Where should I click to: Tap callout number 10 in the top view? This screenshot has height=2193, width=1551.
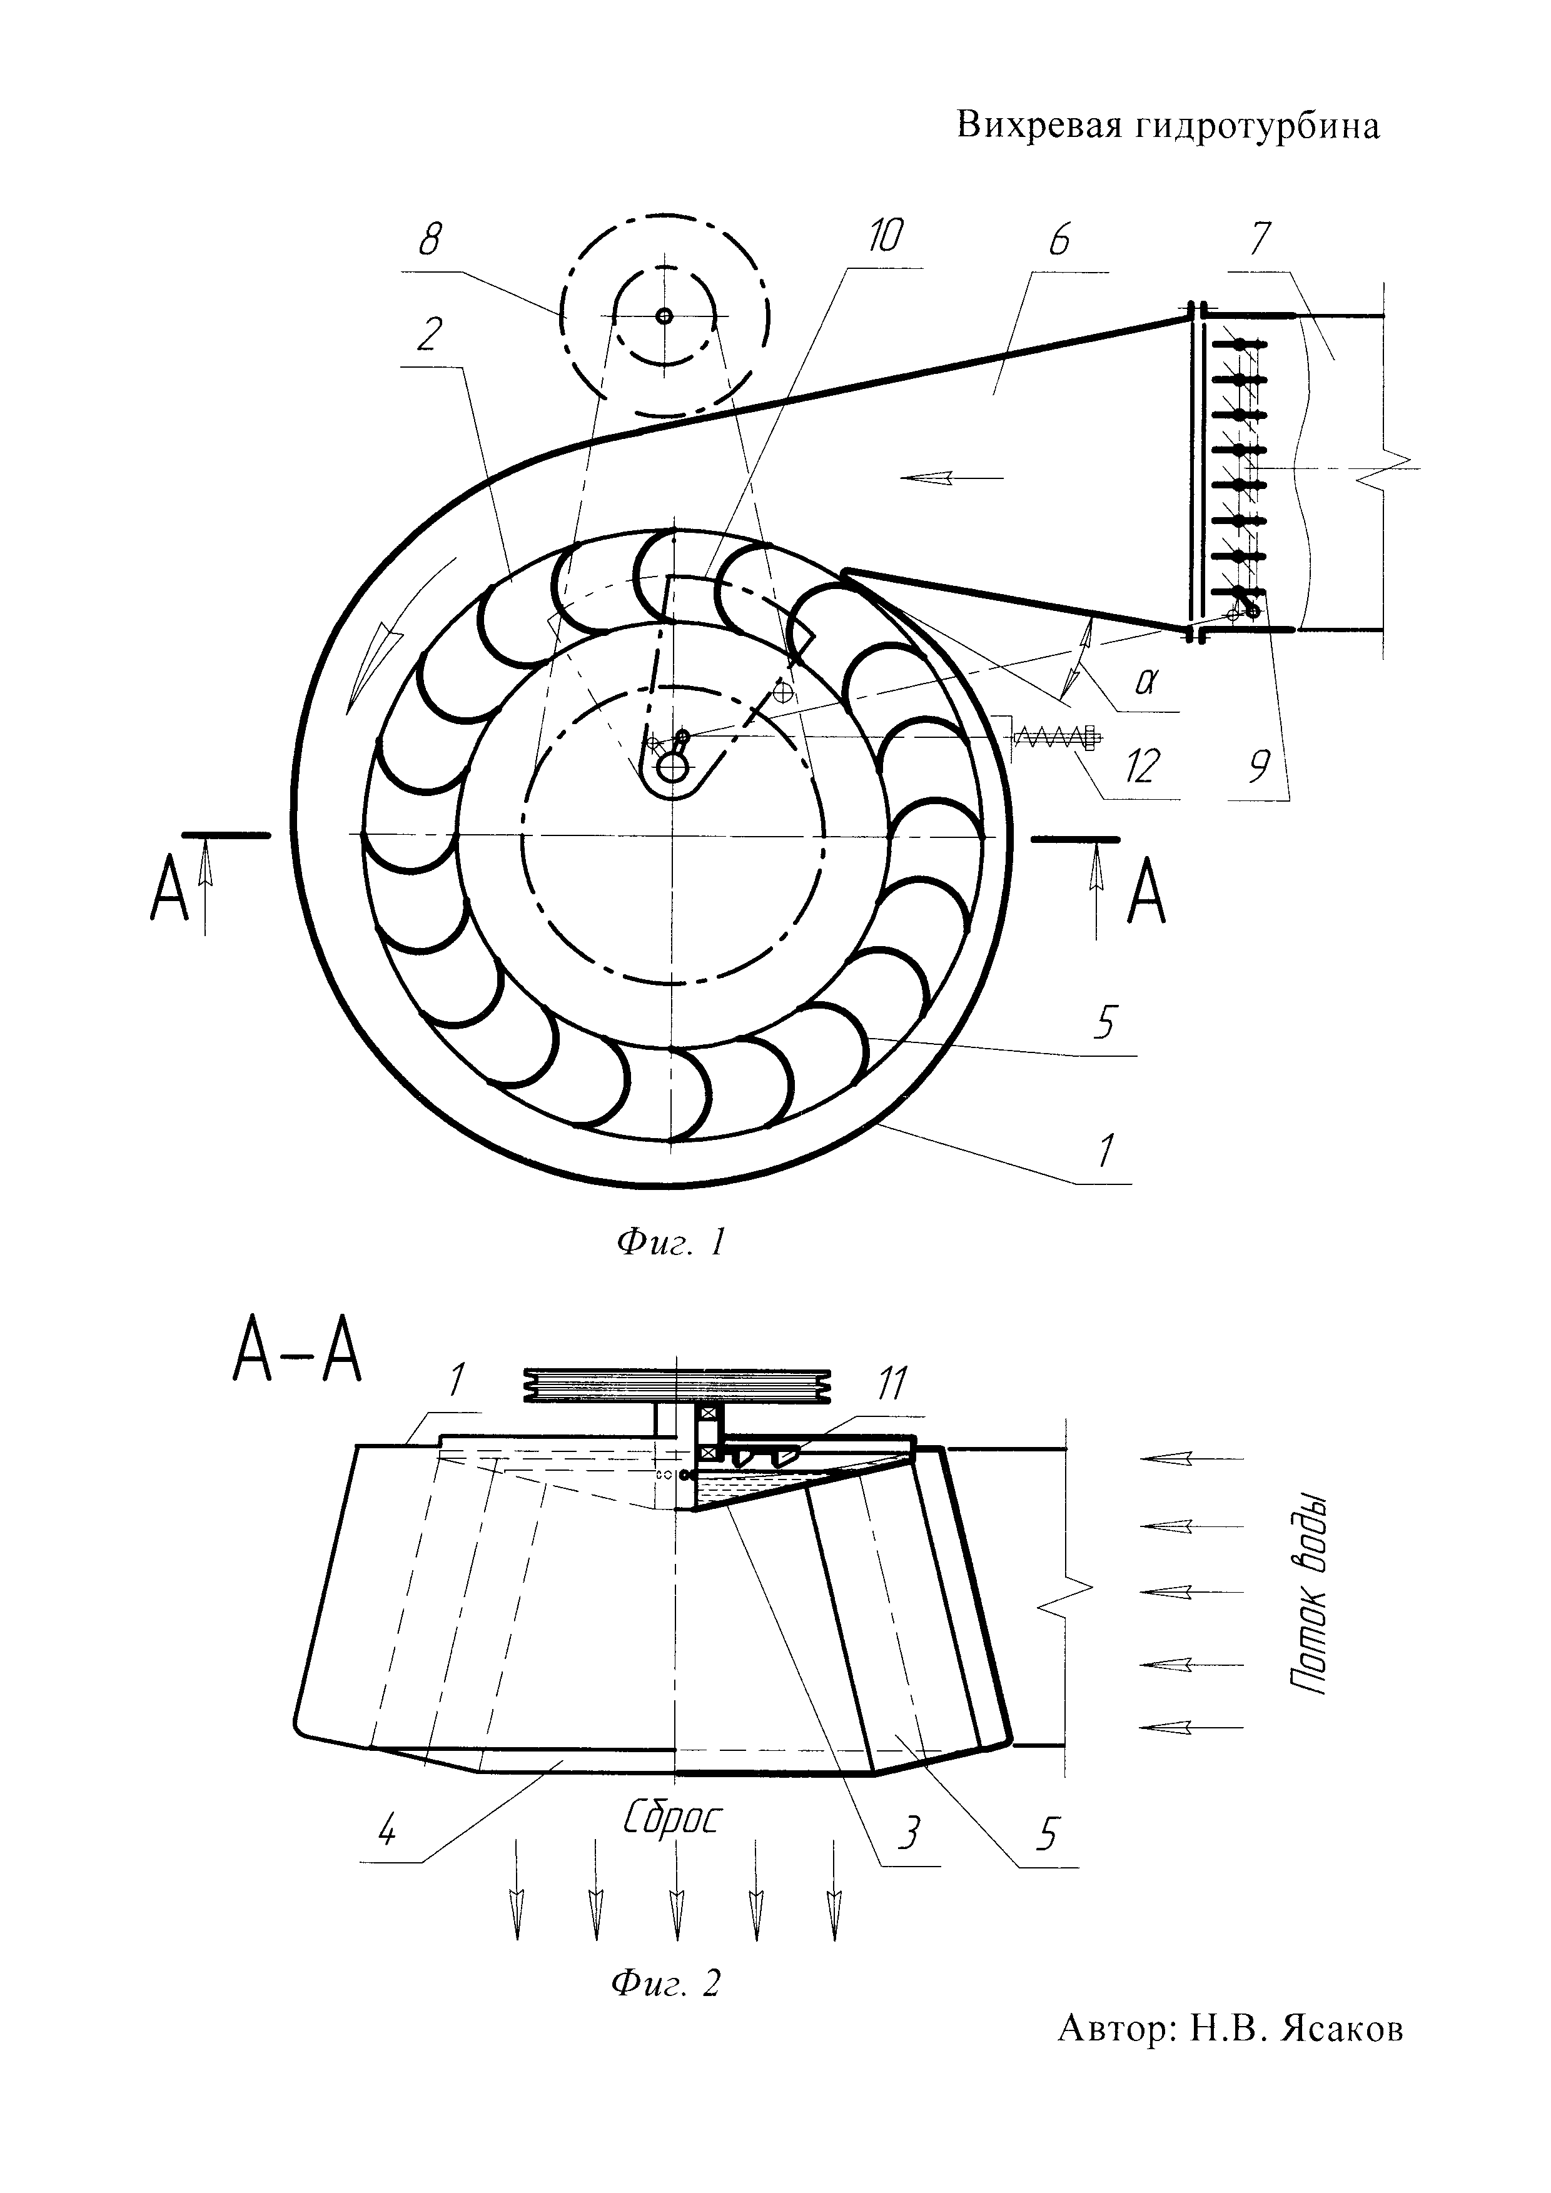(886, 236)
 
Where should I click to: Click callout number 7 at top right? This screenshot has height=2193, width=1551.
(1259, 239)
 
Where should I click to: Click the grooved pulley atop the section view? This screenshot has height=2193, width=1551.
(678, 1384)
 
